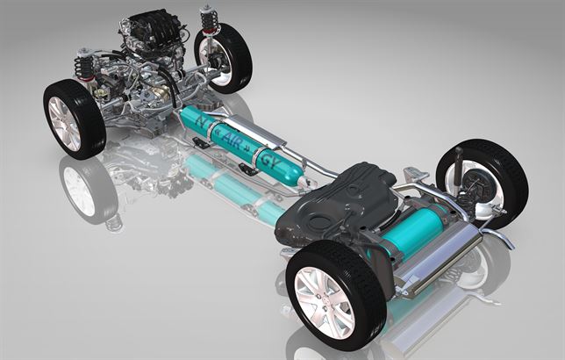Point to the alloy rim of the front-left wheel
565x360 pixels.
point(63,124)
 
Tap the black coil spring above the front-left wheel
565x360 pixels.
point(86,66)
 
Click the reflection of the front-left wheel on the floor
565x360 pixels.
point(83,184)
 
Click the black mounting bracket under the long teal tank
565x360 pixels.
point(247,169)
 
